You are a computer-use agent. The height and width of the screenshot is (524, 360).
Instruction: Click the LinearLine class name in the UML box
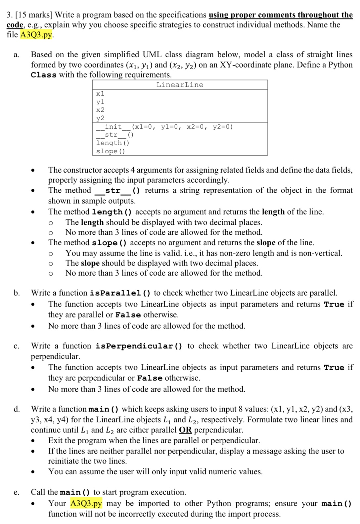pos(180,85)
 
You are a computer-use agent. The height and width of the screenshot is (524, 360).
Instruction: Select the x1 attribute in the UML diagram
pos(100,94)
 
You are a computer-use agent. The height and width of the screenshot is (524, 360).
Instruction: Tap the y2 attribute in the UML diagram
pos(100,118)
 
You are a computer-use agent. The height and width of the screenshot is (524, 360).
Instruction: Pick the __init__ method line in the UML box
pos(164,127)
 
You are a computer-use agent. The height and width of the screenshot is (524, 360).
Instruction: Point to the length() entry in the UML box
pos(112,143)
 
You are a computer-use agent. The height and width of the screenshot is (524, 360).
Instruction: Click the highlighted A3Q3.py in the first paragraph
pos(36,35)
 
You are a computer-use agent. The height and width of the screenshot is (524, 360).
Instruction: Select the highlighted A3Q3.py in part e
pos(86,503)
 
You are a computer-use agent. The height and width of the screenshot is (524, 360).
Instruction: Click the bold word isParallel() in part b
pos(120,293)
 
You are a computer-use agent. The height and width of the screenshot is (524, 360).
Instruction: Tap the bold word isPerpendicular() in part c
pos(139,346)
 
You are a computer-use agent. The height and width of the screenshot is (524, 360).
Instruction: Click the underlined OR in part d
pos(185,430)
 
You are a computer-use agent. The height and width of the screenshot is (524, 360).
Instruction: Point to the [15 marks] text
pos(34,15)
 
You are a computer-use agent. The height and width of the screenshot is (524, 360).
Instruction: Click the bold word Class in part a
pos(43,75)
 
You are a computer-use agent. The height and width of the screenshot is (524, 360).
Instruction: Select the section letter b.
pos(17,293)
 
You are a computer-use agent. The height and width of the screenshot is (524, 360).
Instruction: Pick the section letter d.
pos(17,409)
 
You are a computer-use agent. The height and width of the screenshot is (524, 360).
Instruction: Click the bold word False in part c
pos(150,378)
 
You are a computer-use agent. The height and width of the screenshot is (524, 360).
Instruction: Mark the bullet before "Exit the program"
pos(33,441)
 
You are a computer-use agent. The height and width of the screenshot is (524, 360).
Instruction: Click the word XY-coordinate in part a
pos(242,65)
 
